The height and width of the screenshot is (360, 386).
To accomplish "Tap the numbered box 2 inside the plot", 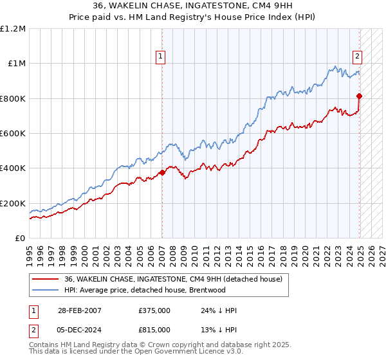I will point(357,56).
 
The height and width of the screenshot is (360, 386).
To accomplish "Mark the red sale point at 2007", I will point(161,172).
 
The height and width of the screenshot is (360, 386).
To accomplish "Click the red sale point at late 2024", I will point(360,96).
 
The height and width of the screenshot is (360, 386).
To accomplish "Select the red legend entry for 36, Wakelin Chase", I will point(173,279).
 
